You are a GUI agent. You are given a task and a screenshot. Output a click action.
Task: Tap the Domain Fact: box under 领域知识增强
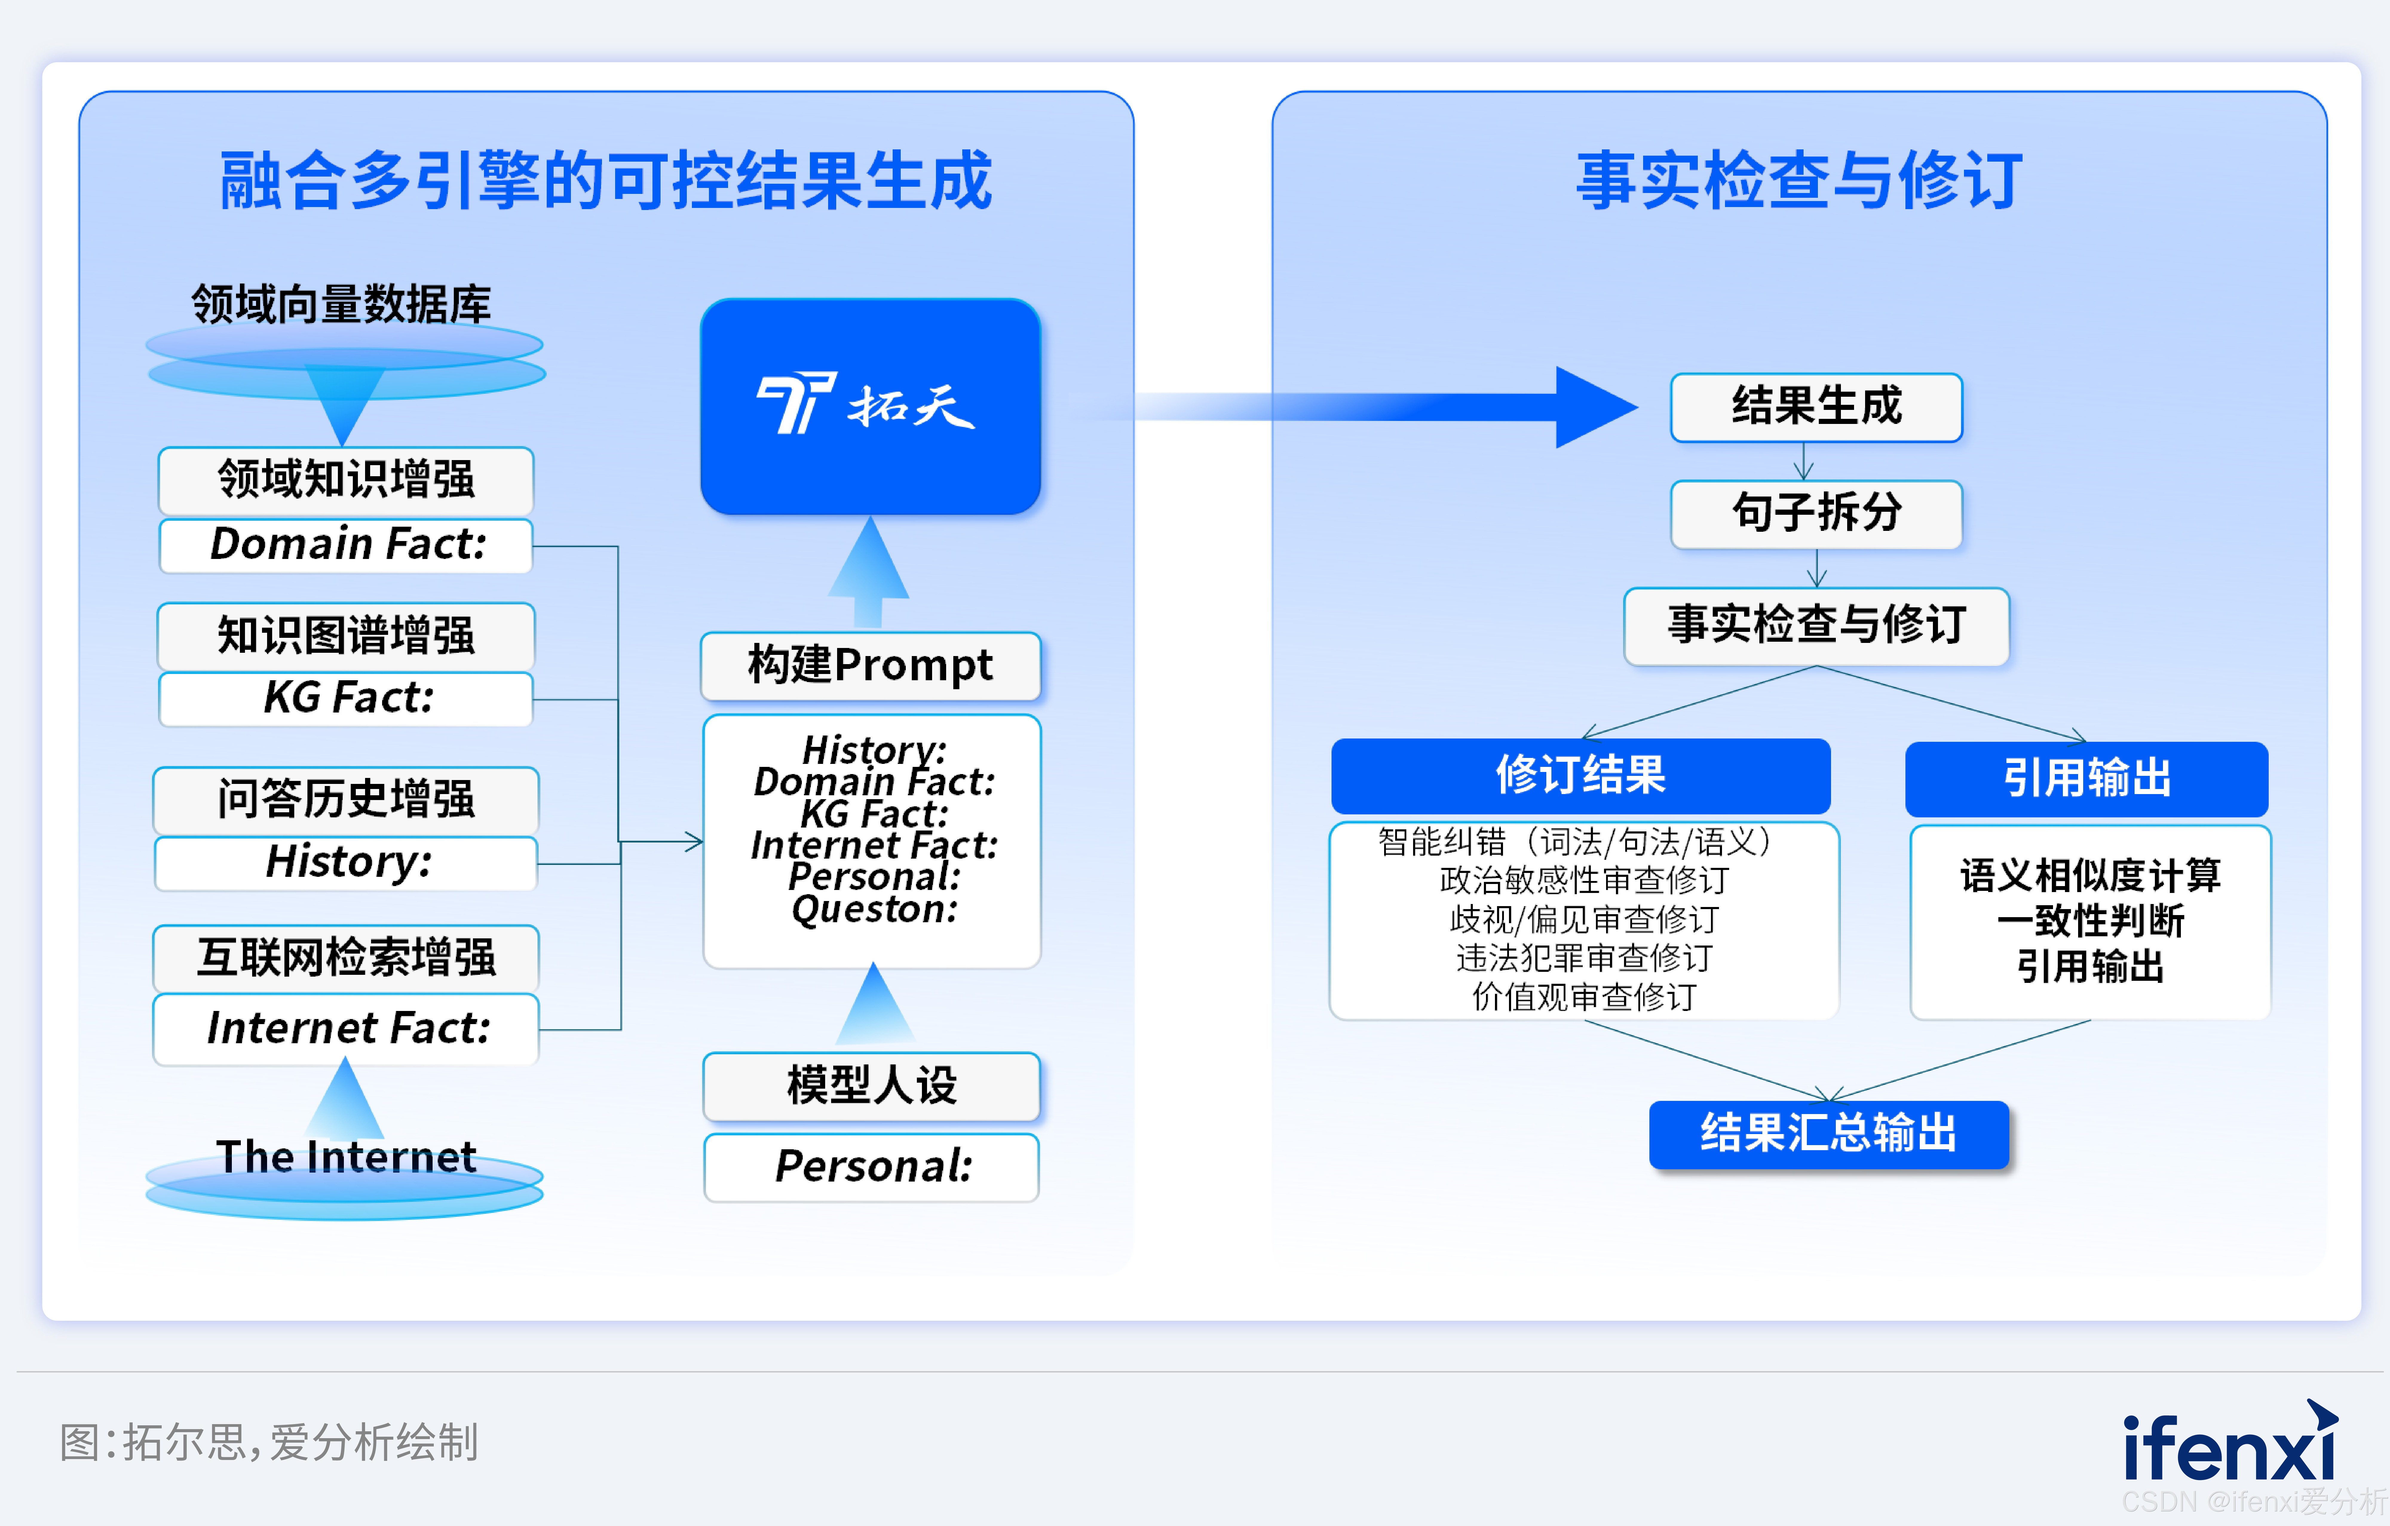click(346, 545)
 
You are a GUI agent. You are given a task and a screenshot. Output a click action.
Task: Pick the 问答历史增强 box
click(346, 799)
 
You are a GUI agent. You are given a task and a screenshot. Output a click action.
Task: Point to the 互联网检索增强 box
click(346, 957)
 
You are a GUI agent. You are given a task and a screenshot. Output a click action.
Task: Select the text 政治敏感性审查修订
click(1584, 880)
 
